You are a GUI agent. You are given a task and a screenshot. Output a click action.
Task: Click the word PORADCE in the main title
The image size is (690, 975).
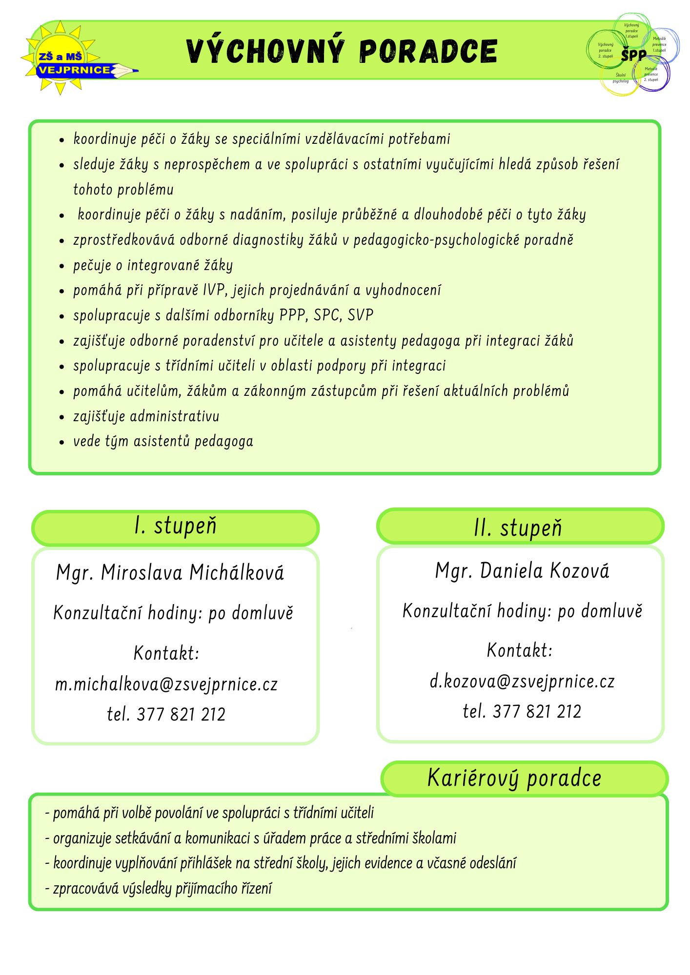click(428, 51)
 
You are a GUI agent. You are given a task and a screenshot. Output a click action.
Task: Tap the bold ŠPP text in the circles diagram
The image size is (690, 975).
click(633, 56)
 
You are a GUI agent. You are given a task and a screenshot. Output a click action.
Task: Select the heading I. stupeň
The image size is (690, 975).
click(175, 526)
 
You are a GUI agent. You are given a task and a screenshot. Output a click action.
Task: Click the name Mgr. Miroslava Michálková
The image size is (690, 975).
click(170, 573)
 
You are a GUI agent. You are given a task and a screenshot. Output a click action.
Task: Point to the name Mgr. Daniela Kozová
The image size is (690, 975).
click(522, 571)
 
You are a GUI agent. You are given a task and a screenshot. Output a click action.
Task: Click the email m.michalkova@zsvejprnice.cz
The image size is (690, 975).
click(166, 684)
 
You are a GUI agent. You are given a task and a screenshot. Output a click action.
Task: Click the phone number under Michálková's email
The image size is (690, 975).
click(166, 715)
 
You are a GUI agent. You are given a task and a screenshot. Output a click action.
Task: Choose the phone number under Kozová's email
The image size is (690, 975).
click(522, 712)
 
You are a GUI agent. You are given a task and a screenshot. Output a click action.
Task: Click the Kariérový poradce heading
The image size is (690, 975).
click(514, 778)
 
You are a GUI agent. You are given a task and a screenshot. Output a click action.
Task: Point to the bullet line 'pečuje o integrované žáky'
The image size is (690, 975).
click(153, 265)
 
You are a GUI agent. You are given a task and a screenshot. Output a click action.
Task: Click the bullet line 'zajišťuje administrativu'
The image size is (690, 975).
click(146, 416)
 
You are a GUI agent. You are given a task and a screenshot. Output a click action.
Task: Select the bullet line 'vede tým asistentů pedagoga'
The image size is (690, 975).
click(163, 442)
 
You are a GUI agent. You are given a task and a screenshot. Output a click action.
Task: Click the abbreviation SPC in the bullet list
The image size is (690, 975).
click(326, 315)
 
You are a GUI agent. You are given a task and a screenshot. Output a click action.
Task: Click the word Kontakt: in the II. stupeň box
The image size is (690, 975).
click(520, 650)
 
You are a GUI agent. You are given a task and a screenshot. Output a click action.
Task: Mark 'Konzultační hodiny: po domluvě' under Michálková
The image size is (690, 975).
click(173, 613)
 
